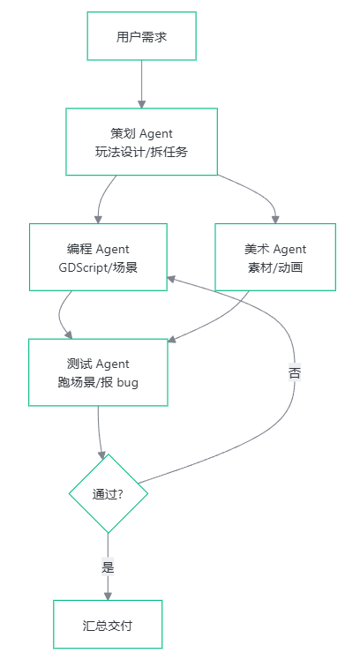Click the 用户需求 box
(x=141, y=36)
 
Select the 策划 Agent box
(x=141, y=142)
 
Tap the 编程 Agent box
(x=98, y=258)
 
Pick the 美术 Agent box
(x=275, y=258)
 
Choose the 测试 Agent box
(x=98, y=372)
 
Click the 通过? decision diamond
(x=109, y=493)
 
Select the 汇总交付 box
(x=108, y=625)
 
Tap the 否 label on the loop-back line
(x=295, y=372)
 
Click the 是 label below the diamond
(x=108, y=567)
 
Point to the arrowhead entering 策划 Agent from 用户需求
(x=141, y=104)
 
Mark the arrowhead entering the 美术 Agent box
(x=275, y=220)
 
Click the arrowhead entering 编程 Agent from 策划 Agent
(x=98, y=220)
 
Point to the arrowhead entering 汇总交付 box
(x=108, y=596)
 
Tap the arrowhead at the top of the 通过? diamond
(x=101, y=454)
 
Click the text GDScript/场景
(x=98, y=267)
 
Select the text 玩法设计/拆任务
(x=141, y=152)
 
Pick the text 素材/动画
(x=275, y=267)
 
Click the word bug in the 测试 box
(x=127, y=383)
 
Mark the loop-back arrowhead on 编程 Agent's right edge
(x=171, y=279)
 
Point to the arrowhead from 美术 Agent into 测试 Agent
(x=172, y=339)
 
